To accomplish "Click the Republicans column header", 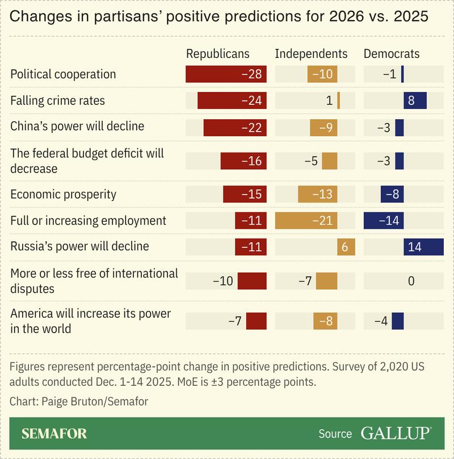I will pos(218,54).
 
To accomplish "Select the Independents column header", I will pos(311,54).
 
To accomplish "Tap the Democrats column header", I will pos(392,54).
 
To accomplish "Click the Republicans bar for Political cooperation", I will pos(226,74).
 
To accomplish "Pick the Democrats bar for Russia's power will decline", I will pos(423,247).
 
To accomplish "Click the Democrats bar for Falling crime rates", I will pos(415,101).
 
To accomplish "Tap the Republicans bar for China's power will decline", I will pos(235,127).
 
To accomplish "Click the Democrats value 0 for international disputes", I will pos(411,281).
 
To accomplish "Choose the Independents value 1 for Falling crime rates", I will pos(329,101).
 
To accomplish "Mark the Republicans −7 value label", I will pos(235,321).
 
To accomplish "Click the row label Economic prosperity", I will pos(63,194).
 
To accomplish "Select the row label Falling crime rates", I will pos(57,101).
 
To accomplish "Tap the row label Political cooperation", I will pos(63,74).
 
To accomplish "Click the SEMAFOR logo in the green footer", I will pos(54,434).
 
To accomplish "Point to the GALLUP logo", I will pos(395,433).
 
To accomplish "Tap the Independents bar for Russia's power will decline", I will pos(346,247).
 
